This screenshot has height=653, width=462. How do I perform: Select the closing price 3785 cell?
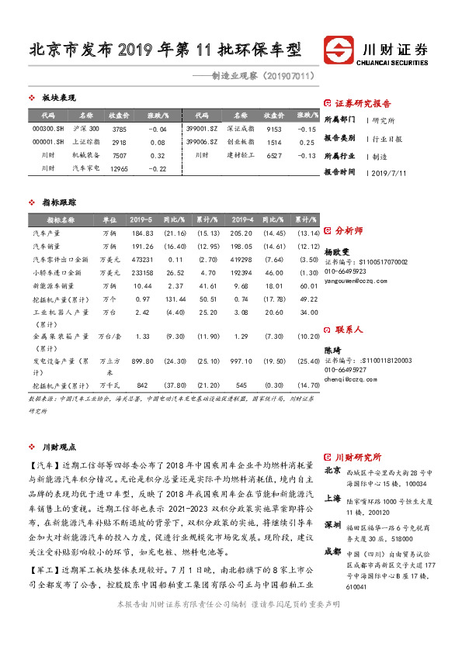[x=119, y=129]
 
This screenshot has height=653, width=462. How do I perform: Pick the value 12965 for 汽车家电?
[x=119, y=168]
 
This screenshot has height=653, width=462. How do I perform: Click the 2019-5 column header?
[x=142, y=220]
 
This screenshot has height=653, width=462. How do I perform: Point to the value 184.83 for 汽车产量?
[x=142, y=233]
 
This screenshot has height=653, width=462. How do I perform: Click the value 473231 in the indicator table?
[x=142, y=259]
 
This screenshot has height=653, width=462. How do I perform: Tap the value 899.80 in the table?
[x=142, y=361]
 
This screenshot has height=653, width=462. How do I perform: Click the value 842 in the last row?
[x=142, y=385]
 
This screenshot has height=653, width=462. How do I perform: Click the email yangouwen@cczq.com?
[x=353, y=282]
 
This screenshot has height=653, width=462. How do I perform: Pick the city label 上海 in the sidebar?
[x=332, y=499]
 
